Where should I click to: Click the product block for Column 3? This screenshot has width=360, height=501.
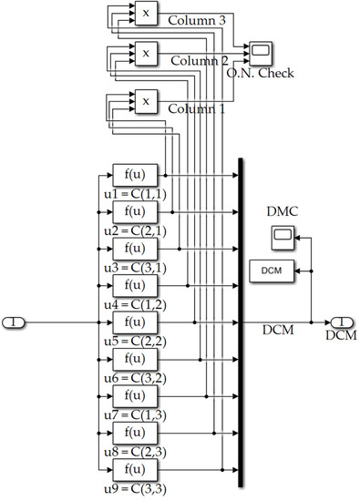145,13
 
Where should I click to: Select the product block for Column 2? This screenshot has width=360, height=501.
145,54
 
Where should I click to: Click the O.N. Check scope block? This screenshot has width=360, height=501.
260,50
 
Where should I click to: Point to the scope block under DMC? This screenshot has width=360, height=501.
282,240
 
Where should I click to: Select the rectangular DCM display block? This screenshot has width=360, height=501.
270,271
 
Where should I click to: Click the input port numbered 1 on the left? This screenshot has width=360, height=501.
16,322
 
